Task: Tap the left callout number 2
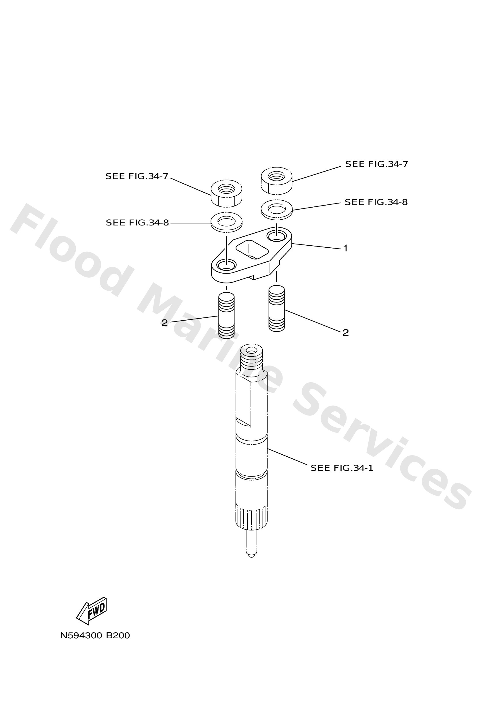[x=165, y=323]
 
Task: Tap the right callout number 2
[x=346, y=333]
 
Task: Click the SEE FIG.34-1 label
[x=342, y=468]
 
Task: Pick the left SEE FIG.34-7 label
[x=137, y=176]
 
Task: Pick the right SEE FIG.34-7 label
[x=376, y=164]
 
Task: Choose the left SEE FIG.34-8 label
[x=137, y=223]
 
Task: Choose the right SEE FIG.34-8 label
[x=376, y=202]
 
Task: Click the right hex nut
[x=276, y=180]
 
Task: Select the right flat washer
[x=276, y=209]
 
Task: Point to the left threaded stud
[x=226, y=315]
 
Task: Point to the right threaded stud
[x=276, y=308]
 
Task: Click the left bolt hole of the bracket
[x=226, y=264]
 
